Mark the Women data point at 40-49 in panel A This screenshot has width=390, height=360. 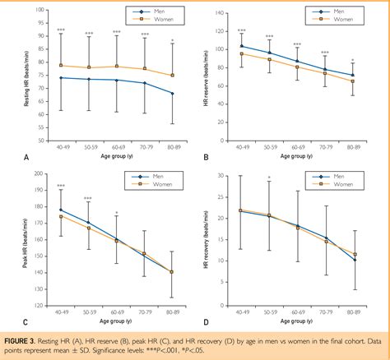61,65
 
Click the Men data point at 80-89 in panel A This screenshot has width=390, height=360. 171,93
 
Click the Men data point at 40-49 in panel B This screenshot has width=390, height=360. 241,46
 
